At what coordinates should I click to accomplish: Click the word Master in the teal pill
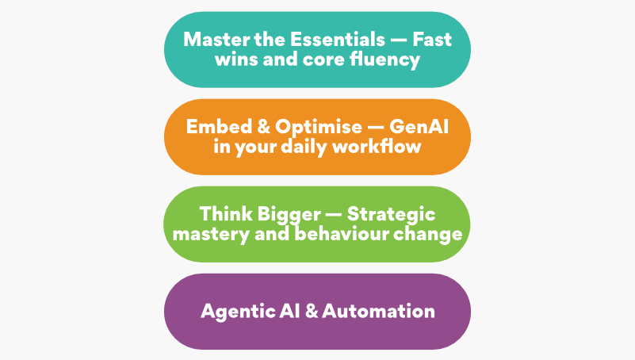(x=216, y=40)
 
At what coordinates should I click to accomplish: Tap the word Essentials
(x=338, y=40)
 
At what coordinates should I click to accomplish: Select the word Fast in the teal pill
(x=432, y=40)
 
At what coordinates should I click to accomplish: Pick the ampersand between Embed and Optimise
(x=263, y=127)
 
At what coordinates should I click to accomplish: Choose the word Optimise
(x=319, y=128)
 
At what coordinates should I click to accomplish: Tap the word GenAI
(x=419, y=127)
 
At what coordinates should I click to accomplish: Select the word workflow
(x=377, y=147)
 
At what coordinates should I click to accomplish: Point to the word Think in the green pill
(x=226, y=214)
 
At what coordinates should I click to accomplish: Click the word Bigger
(x=289, y=216)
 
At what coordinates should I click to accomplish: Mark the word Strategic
(x=391, y=215)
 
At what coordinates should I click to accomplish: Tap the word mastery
(x=211, y=235)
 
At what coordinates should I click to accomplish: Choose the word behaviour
(x=341, y=234)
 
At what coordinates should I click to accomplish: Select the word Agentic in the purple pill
(x=237, y=312)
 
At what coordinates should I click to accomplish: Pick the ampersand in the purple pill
(x=312, y=312)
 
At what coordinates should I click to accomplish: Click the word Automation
(x=379, y=312)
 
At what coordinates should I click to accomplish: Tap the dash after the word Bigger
(x=334, y=215)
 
